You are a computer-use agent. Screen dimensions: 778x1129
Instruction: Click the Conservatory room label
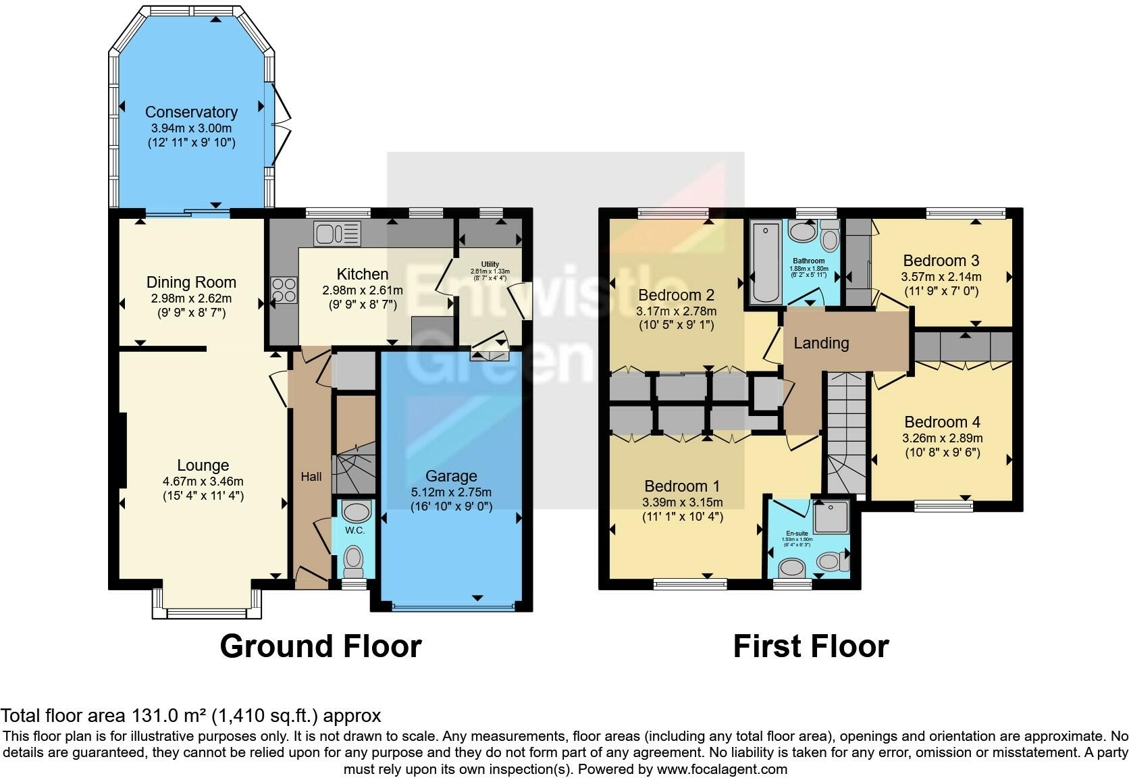point(191,112)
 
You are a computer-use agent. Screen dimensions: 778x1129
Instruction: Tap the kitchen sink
point(336,234)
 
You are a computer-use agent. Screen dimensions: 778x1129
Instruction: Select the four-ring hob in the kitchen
point(283,290)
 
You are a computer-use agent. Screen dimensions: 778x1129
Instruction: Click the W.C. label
point(355,530)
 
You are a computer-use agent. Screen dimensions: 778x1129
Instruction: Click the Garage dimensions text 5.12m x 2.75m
point(451,492)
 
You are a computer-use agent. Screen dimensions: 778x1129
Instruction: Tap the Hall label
point(311,477)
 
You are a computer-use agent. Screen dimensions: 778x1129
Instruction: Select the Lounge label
point(203,465)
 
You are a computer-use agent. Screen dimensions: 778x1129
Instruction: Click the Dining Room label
point(191,282)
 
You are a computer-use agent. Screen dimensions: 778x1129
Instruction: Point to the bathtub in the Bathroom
point(765,263)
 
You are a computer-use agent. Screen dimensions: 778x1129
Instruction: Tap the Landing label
point(821,343)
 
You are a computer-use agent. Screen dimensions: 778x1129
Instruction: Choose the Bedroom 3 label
point(941,261)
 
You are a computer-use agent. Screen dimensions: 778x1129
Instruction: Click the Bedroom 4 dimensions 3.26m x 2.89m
point(942,438)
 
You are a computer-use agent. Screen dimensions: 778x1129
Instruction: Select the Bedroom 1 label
point(682,486)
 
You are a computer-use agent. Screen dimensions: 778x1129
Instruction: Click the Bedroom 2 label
point(676,295)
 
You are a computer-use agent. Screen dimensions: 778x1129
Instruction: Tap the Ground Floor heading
point(321,646)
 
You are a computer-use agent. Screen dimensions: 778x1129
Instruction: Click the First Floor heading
point(810,646)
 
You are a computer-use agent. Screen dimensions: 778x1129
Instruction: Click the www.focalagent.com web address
point(721,769)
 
